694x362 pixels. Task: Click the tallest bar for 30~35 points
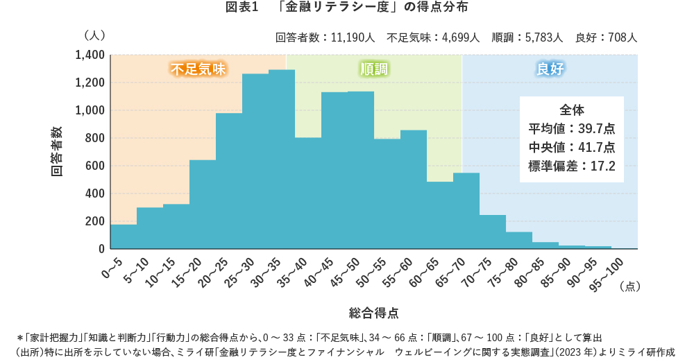coord(282,160)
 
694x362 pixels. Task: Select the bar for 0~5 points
coord(124,236)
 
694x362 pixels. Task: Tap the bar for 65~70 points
coord(466,211)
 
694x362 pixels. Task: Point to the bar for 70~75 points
coord(493,232)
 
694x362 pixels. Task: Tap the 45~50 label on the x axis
coord(344,269)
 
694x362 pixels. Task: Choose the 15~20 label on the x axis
coord(186,269)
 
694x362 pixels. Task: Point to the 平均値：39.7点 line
coord(572,128)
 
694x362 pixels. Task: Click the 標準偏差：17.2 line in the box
coord(572,166)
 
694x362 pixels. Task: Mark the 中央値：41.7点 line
coord(572,147)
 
